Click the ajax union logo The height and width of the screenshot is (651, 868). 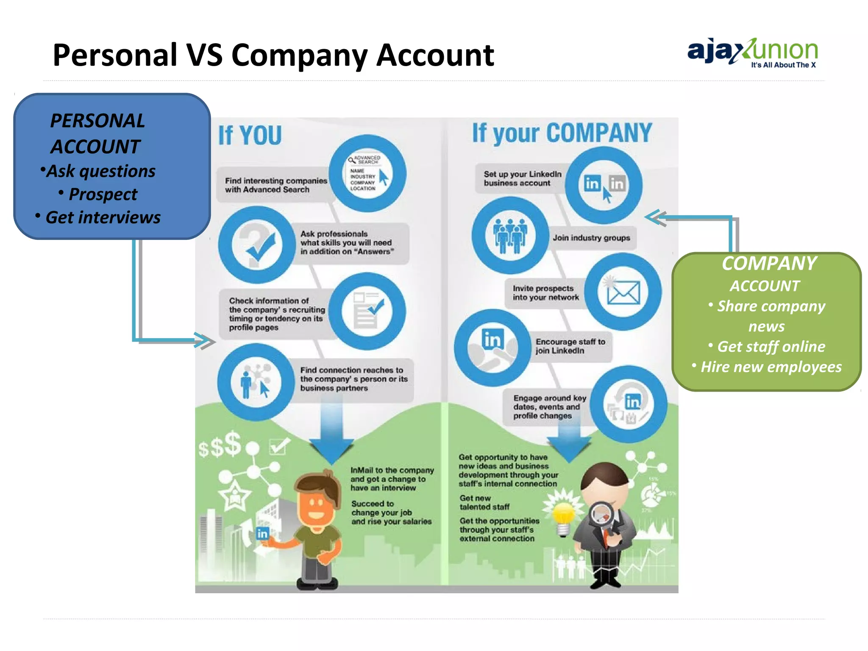tap(752, 53)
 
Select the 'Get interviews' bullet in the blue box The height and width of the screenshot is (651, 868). tap(103, 217)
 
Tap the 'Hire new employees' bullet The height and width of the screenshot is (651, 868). tap(771, 367)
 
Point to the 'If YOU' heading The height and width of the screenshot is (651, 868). tap(250, 136)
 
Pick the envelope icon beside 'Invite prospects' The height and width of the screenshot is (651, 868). tap(623, 292)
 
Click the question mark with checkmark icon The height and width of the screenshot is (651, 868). tap(257, 245)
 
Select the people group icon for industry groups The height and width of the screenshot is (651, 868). tap(510, 236)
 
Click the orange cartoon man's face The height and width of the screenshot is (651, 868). tap(316, 506)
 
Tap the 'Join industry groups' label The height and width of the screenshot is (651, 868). tap(591, 238)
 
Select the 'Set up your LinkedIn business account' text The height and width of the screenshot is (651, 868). tap(522, 179)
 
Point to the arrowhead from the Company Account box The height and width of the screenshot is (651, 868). tap(655, 217)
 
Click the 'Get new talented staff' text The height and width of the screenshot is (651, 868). tap(484, 503)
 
